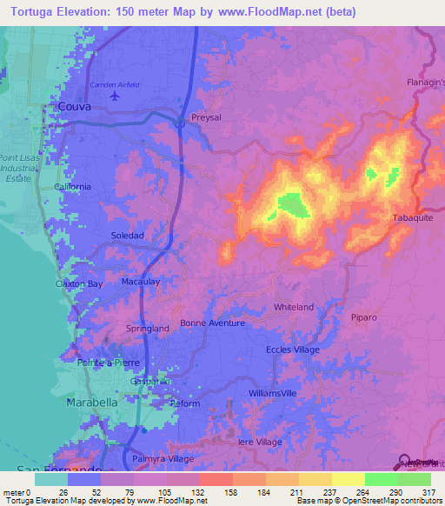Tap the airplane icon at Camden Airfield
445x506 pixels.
115,95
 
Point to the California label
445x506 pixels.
72,187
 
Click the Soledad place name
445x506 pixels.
127,236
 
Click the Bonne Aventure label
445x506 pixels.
212,323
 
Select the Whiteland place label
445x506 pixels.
294,308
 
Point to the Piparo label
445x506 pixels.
366,317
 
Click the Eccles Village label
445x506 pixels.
292,350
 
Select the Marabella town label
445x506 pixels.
92,404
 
